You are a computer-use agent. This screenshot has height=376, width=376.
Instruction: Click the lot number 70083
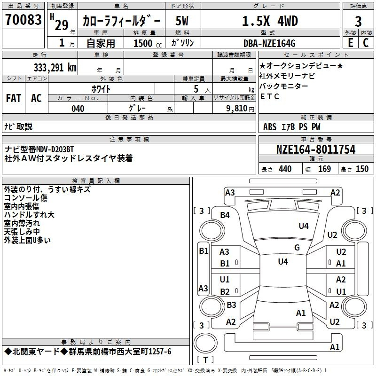point(23,20)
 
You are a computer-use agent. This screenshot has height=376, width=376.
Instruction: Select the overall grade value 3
point(358,21)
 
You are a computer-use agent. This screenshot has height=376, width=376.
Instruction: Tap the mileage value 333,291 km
point(55,68)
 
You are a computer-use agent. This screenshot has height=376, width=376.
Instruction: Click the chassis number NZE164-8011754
point(316,149)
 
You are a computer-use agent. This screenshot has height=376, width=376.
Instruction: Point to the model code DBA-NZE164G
point(269,43)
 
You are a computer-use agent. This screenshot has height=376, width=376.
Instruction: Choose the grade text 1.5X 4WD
point(270,21)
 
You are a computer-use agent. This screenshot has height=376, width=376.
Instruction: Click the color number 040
point(78,109)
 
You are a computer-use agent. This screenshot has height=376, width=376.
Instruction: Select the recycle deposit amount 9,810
point(237,109)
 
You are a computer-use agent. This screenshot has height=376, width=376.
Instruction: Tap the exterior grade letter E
point(350,43)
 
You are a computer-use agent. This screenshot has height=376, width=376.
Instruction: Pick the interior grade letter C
point(366,43)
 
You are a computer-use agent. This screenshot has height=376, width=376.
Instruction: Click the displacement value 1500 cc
point(148,43)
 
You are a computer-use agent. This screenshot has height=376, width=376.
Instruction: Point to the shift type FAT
point(14,98)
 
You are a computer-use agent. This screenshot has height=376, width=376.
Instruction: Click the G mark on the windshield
point(297,247)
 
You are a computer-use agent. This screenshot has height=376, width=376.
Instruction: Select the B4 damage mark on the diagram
point(225,215)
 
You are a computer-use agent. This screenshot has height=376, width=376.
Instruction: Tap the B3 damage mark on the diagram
point(231,305)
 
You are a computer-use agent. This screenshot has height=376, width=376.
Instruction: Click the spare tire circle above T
point(205,343)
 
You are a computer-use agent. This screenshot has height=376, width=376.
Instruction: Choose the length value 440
point(285,169)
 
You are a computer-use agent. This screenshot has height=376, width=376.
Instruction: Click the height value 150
point(362,169)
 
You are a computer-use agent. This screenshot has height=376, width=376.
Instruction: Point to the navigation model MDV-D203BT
point(55,149)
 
